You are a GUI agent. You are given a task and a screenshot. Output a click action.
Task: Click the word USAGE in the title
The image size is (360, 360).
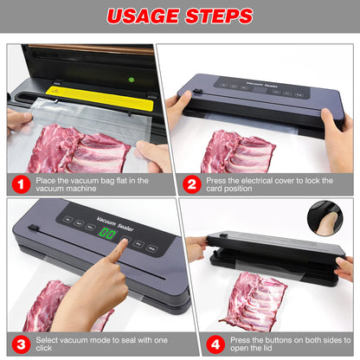pos(142,16)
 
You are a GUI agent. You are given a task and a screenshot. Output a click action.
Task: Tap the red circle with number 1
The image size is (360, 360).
pos(20,184)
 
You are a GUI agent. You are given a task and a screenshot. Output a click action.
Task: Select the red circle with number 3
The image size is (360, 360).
pos(20,344)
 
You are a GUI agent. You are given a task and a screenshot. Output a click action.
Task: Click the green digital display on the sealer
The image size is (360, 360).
pos(109,235)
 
